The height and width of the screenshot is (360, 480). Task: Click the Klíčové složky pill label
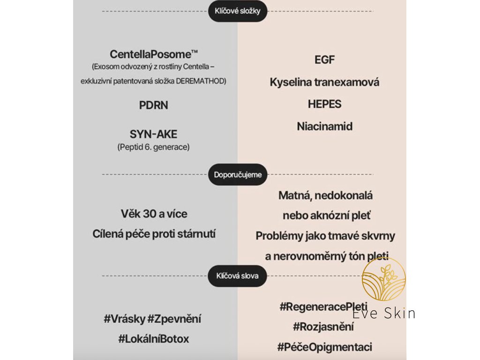coord(237,11)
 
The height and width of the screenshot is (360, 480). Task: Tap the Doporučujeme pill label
coord(238,175)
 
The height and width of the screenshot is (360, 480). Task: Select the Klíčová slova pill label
coord(237,276)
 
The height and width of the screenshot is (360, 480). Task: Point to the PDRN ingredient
coord(153,105)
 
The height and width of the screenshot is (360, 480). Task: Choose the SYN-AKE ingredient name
coord(153,135)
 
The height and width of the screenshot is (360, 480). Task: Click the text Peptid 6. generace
coord(153,147)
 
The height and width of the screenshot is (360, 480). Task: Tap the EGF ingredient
coord(324,60)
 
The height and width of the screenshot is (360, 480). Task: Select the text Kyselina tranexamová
coord(324,82)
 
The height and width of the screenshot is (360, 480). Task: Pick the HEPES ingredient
coord(324,105)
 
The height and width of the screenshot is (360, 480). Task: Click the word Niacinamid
coord(324,127)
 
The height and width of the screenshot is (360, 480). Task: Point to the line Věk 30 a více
coord(154,214)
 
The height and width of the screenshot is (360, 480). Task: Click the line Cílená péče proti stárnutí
coord(154,234)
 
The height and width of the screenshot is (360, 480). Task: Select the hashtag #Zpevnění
coord(174,319)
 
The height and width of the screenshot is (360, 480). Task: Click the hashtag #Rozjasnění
coord(323,327)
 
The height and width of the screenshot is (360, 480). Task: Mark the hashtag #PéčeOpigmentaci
coord(324,347)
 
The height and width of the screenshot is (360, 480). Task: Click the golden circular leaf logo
coord(384,279)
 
